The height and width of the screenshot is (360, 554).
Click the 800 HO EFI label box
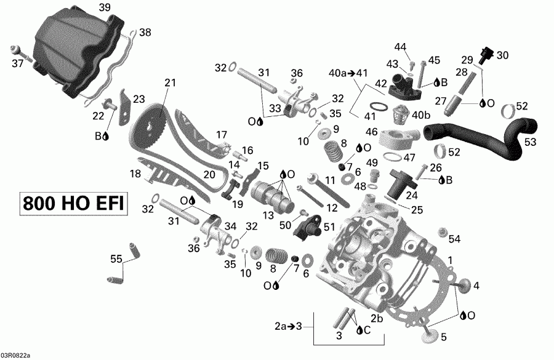coord(73,204)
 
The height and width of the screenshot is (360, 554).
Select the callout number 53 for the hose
coord(531,142)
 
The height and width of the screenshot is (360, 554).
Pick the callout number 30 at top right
coord(503,55)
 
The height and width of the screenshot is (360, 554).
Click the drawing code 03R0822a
coord(15,355)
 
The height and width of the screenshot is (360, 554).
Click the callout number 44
coord(401,47)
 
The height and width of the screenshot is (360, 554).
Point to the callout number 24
coord(411,196)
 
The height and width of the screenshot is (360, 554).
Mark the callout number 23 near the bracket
coord(138,98)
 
